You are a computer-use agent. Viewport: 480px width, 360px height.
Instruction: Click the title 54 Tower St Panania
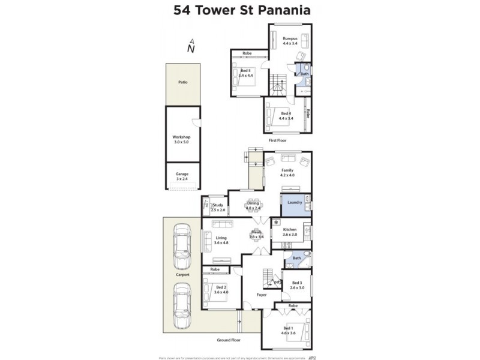point(242,10)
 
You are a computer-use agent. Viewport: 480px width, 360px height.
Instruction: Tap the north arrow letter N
point(191,49)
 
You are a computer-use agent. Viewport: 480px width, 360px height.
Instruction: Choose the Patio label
point(182,82)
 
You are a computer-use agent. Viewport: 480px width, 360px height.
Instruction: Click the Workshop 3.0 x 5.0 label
point(181,139)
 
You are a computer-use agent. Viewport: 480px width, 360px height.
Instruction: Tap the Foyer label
point(261,295)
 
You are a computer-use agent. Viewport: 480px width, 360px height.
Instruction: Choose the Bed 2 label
point(221,289)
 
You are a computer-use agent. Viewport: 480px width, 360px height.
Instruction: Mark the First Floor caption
point(277,140)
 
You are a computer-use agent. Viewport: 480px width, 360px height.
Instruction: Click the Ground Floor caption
point(229,340)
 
